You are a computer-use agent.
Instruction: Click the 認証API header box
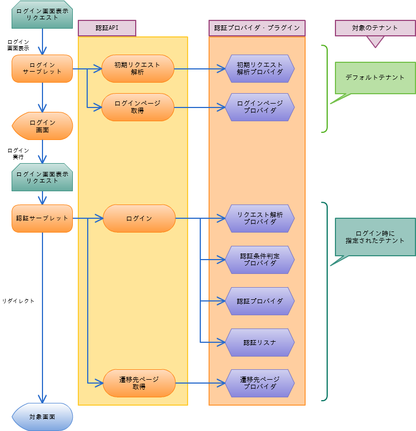coord(106,28)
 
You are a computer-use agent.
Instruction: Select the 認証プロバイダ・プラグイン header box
coord(257,28)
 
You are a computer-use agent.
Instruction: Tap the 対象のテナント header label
coord(375,28)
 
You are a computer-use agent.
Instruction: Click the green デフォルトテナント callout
coord(375,78)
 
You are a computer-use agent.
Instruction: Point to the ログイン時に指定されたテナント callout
coord(375,237)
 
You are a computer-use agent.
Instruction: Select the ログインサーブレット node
coord(42,68)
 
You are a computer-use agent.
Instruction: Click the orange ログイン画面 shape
coord(42,126)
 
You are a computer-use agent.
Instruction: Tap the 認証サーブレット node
coord(42,218)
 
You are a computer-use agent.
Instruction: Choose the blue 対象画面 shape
coord(42,417)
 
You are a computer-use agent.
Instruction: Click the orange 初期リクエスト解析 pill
coord(137,68)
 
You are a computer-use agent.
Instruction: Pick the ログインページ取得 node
coord(137,107)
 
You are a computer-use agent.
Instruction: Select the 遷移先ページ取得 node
coord(139,383)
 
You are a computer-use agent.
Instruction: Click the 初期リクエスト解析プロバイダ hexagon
coord(260,68)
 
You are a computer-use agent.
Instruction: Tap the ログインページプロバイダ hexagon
coord(260,107)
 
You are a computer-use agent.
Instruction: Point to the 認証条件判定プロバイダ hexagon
coord(260,260)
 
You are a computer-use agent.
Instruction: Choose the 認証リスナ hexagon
coord(260,342)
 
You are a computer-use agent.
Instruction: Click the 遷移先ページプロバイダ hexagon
coord(260,383)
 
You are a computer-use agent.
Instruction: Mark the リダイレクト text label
coord(18,301)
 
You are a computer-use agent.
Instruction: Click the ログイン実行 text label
coord(18,154)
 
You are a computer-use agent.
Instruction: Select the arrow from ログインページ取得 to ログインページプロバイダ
coord(200,107)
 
